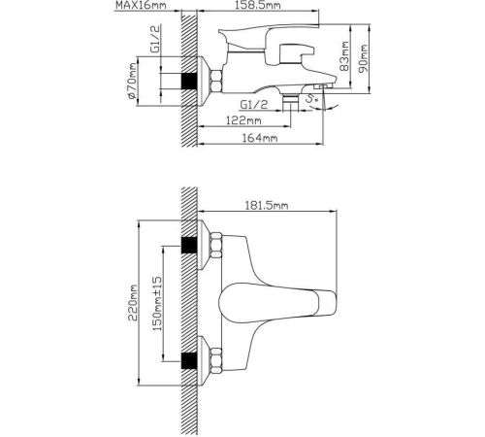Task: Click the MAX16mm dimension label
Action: pyautogui.click(x=141, y=6)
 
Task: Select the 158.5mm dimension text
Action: pyautogui.click(x=258, y=5)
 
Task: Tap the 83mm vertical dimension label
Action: pyautogui.click(x=345, y=56)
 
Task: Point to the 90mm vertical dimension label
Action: pyautogui.click(x=364, y=59)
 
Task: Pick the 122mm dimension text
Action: pyautogui.click(x=243, y=120)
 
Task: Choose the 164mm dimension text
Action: pyautogui.click(x=260, y=138)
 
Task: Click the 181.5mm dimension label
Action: pyautogui.click(x=267, y=206)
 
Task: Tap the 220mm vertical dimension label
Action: pyautogui.click(x=133, y=303)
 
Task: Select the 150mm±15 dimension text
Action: pyautogui.click(x=157, y=303)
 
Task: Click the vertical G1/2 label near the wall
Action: pyautogui.click(x=155, y=39)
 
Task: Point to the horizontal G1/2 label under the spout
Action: pyautogui.click(x=254, y=105)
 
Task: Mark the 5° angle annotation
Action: pyautogui.click(x=313, y=99)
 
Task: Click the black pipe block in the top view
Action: pyautogui.click(x=189, y=81)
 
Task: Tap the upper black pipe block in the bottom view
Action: pyautogui.click(x=189, y=245)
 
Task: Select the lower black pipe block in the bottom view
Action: pyautogui.click(x=189, y=361)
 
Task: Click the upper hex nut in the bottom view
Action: pyautogui.click(x=216, y=245)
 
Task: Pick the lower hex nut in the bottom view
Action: pyautogui.click(x=216, y=361)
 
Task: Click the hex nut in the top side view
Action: pyautogui.click(x=216, y=81)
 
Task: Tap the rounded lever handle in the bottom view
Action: pyautogui.click(x=277, y=303)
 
